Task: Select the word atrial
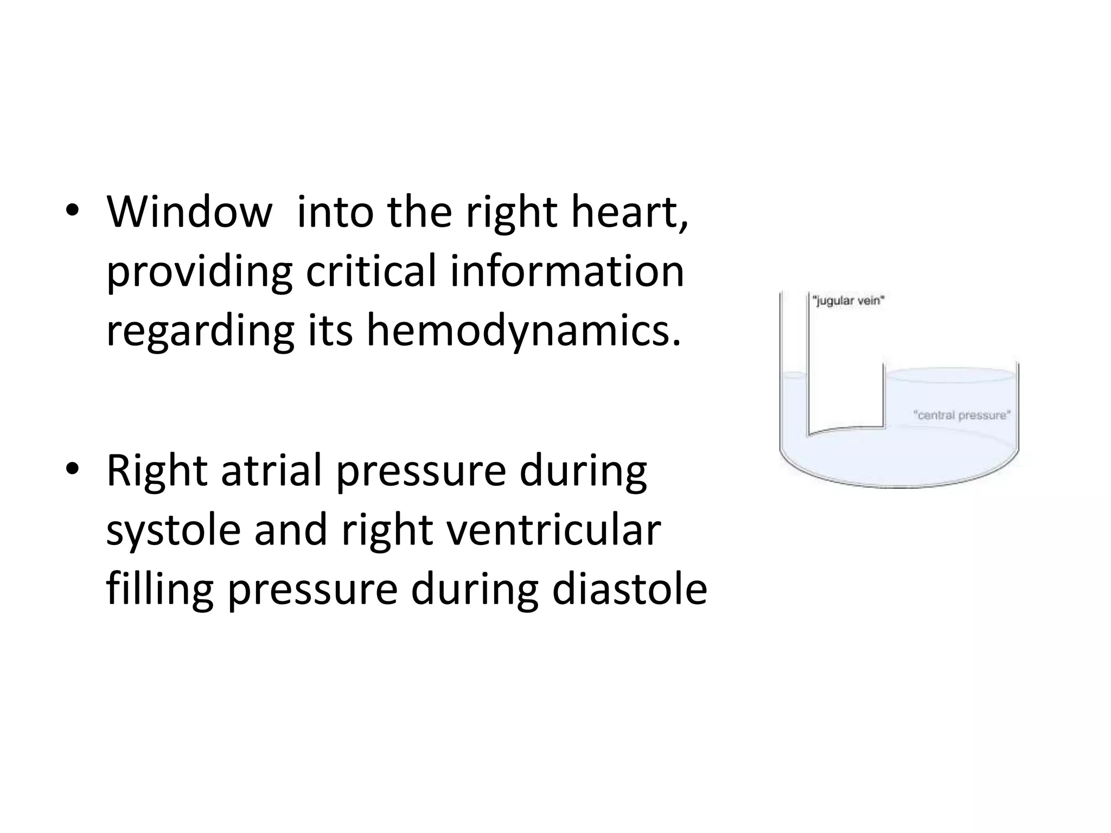click(271, 470)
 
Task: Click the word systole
click(174, 530)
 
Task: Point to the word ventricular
click(554, 530)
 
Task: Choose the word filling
click(160, 590)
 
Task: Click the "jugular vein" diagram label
click(848, 300)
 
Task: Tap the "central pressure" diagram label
click(962, 415)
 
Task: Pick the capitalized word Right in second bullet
click(157, 470)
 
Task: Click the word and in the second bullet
click(291, 530)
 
